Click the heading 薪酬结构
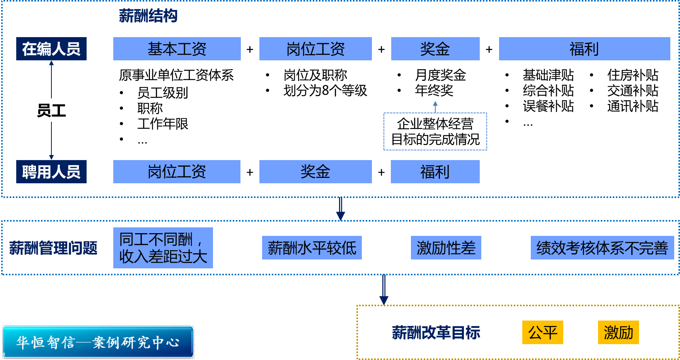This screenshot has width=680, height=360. (x=148, y=16)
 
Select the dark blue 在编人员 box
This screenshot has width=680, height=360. (x=51, y=49)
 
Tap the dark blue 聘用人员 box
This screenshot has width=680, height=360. (x=51, y=172)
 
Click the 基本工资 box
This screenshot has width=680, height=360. (x=177, y=49)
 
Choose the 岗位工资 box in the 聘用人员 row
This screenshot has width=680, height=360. (x=177, y=172)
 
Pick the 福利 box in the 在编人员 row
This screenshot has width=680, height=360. (x=584, y=49)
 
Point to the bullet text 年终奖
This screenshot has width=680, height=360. (x=434, y=90)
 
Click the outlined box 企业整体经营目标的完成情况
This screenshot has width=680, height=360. (x=435, y=131)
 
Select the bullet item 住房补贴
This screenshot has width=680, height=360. (x=632, y=75)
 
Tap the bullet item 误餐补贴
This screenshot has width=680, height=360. (x=548, y=106)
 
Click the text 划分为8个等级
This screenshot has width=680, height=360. (x=325, y=90)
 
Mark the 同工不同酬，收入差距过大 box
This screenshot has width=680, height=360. (x=163, y=248)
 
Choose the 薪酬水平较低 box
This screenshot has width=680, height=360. (x=312, y=248)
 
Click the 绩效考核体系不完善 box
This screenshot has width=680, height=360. (x=602, y=248)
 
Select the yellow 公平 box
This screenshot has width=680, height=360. (x=542, y=332)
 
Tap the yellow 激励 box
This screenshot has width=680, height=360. (x=618, y=332)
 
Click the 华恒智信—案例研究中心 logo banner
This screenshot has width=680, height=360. (x=98, y=342)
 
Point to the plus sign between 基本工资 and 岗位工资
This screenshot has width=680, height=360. (x=250, y=49)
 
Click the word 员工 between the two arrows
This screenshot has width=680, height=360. (x=51, y=111)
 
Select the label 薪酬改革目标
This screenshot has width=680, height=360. (x=436, y=333)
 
